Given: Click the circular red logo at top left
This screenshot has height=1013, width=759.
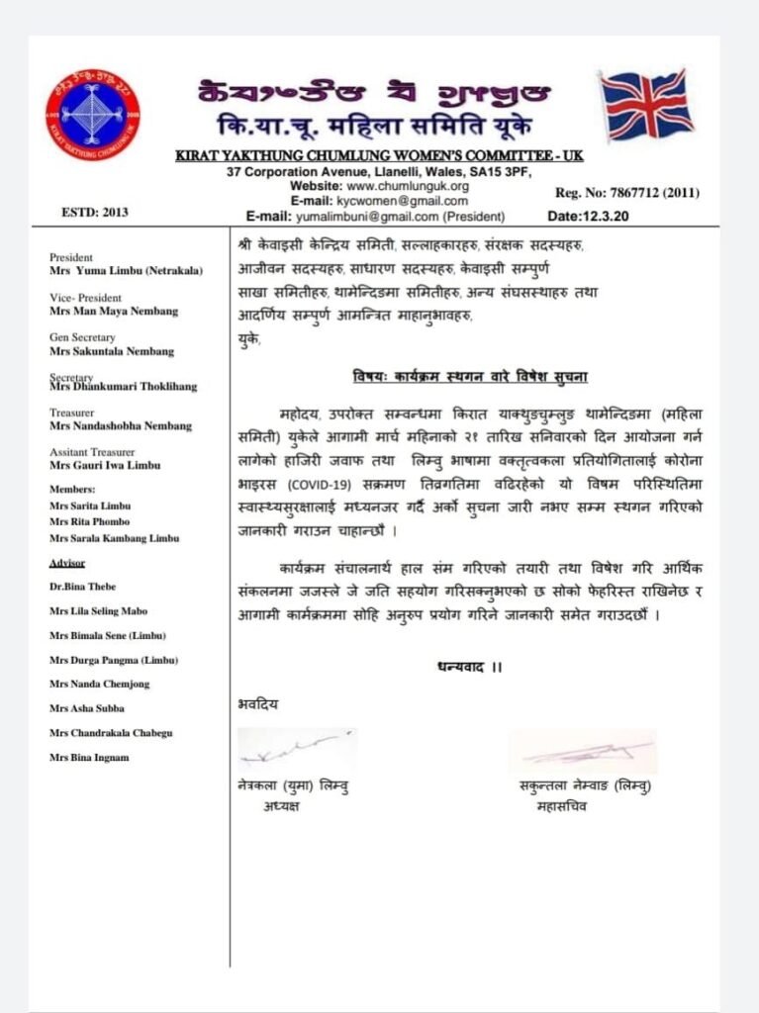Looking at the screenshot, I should pyautogui.click(x=93, y=120).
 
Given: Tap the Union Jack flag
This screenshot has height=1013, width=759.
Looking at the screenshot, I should pyautogui.click(x=648, y=105).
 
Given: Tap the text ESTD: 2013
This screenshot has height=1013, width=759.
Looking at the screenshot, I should pyautogui.click(x=95, y=211).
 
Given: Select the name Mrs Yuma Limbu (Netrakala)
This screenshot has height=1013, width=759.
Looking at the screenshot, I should pyautogui.click(x=125, y=269).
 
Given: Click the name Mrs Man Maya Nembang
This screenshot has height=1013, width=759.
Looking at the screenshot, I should pyautogui.click(x=113, y=311).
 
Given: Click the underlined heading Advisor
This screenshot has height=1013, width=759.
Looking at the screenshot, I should pyautogui.click(x=67, y=562).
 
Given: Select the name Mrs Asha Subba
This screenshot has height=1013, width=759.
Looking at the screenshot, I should pyautogui.click(x=86, y=708).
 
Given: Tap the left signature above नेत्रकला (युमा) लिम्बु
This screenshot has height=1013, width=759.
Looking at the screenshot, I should pyautogui.click(x=296, y=749).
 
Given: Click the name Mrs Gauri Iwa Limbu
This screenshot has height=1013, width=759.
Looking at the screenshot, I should pyautogui.click(x=104, y=464).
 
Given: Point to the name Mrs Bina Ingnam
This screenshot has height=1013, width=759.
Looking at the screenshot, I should pyautogui.click(x=89, y=758).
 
